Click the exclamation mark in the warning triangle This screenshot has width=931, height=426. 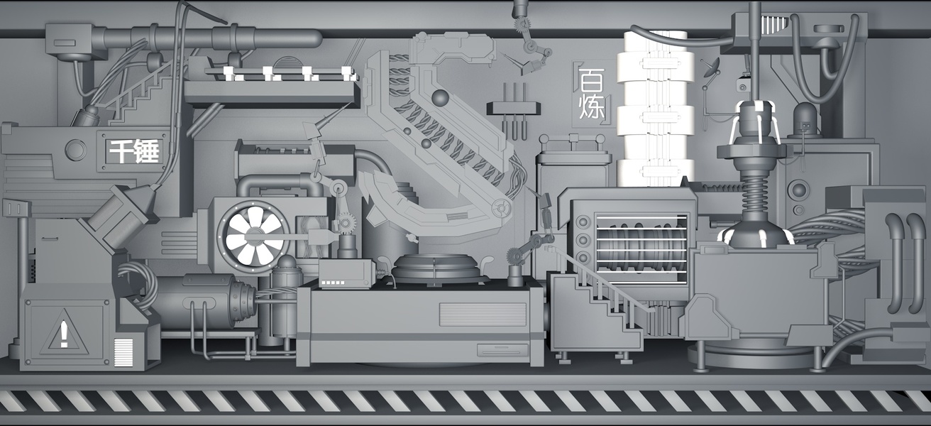[64, 334]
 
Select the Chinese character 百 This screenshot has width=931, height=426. [591, 81]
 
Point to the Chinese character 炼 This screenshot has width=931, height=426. [591, 108]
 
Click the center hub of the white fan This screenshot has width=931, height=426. [254, 236]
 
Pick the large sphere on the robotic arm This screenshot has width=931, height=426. [440, 98]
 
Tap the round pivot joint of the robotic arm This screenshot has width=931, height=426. [501, 207]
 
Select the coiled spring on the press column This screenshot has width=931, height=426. [754, 192]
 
